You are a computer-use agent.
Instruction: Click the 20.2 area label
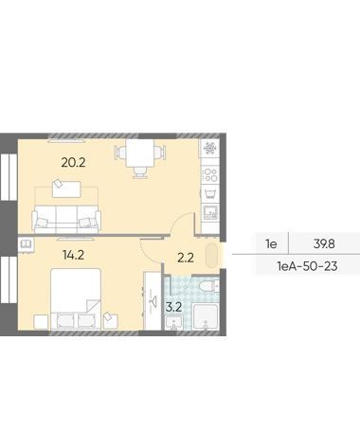pyautogui.click(x=73, y=163)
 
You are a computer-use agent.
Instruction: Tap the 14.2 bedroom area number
pyautogui.click(x=73, y=255)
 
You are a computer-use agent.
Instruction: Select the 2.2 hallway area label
pyautogui.click(x=186, y=258)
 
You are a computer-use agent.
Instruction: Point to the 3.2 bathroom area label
pyautogui.click(x=173, y=307)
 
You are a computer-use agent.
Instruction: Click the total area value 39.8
pyautogui.click(x=324, y=243)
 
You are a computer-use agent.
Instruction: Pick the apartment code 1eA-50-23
pyautogui.click(x=307, y=266)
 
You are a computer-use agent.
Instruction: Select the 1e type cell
pyautogui.click(x=271, y=243)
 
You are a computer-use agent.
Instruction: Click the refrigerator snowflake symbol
pyautogui.click(x=210, y=148)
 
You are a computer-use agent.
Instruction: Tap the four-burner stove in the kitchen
pyautogui.click(x=210, y=175)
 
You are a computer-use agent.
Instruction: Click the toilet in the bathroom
pyautogui.click(x=209, y=286)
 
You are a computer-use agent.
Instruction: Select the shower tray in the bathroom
pyautogui.click(x=205, y=316)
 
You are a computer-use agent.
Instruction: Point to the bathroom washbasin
pyautogui.click(x=173, y=323)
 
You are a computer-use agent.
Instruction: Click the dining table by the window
pyautogui.click(x=140, y=153)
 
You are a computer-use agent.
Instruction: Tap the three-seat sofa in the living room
pyautogui.click(x=66, y=219)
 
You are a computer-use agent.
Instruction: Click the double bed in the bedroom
pyautogui.click(x=76, y=298)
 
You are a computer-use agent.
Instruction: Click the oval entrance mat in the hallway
pyautogui.click(x=211, y=255)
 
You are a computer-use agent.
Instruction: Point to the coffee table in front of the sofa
pyautogui.click(x=66, y=189)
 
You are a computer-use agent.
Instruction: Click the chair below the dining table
pyautogui.click(x=140, y=172)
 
